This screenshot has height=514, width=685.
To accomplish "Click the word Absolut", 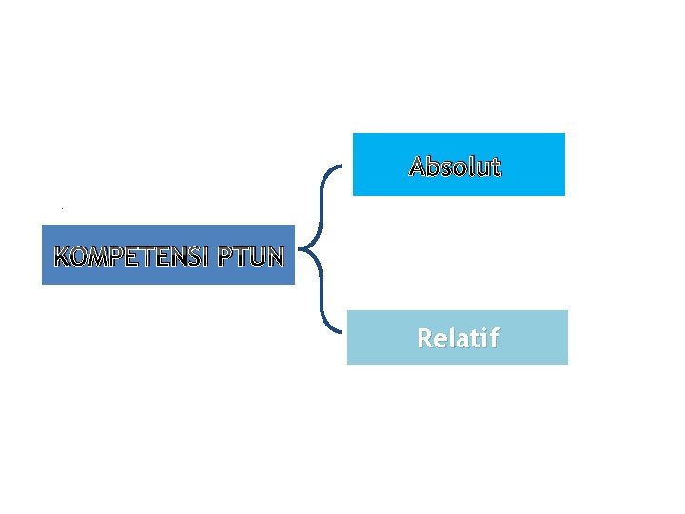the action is (x=455, y=168).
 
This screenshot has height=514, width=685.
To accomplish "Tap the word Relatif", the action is (x=458, y=338).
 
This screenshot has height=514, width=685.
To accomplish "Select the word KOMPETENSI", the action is (x=132, y=256).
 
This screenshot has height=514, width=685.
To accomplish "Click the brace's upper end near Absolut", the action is (x=340, y=168).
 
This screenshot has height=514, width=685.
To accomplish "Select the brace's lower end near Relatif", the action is (x=340, y=333).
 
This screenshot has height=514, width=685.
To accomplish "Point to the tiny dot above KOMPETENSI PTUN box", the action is (x=62, y=208).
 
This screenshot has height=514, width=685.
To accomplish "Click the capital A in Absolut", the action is (x=418, y=168).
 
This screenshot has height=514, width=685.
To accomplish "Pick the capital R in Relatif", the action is (x=424, y=338).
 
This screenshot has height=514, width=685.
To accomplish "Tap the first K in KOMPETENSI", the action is (x=62, y=256).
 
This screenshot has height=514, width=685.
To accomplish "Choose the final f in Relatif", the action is (x=493, y=338).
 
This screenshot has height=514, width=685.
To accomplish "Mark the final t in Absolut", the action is (x=495, y=168).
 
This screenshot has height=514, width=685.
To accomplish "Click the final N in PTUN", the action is (x=275, y=256).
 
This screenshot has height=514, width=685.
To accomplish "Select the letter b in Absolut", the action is (x=433, y=168).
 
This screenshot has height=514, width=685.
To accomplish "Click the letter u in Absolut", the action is (x=481, y=168).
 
